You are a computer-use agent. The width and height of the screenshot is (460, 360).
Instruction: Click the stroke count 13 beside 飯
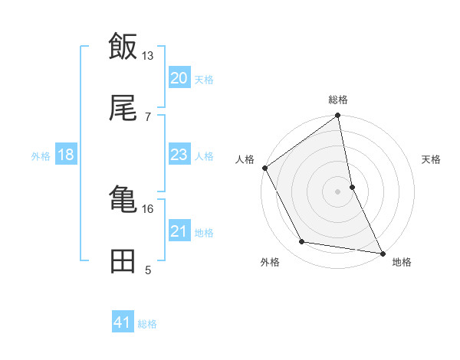[x=148, y=55]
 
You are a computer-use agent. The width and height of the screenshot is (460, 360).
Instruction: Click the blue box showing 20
[x=179, y=78]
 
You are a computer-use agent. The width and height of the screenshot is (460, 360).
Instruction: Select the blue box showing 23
[x=179, y=155]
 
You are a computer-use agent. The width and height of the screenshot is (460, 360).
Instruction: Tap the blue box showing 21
[x=179, y=231]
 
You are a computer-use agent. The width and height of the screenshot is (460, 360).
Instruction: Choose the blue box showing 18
[x=66, y=155]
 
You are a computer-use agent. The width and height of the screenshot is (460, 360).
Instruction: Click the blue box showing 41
[x=123, y=323]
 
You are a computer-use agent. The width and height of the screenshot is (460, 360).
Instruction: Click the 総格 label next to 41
[x=147, y=324]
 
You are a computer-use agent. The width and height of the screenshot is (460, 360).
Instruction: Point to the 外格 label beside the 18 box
[x=41, y=156]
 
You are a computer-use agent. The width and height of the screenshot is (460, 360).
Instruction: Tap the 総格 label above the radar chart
[x=338, y=100]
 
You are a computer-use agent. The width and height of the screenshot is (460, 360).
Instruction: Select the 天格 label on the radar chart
[x=432, y=159]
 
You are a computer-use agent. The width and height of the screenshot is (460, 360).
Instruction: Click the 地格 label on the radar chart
[x=402, y=262]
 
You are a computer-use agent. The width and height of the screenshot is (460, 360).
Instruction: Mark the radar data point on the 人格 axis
[x=265, y=168]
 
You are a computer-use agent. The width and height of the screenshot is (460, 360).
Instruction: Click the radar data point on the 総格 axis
[x=338, y=116]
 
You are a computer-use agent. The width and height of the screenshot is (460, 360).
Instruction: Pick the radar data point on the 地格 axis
[x=382, y=252]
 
